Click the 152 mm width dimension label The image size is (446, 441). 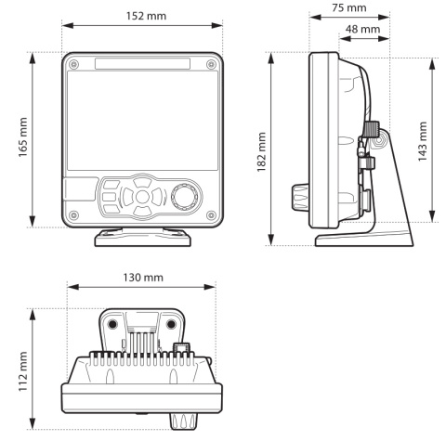(141, 16)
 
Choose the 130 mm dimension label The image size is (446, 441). (142, 278)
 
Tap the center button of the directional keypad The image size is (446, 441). (140, 198)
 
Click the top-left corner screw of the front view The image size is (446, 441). (74, 63)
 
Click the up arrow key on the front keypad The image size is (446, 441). (140, 183)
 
